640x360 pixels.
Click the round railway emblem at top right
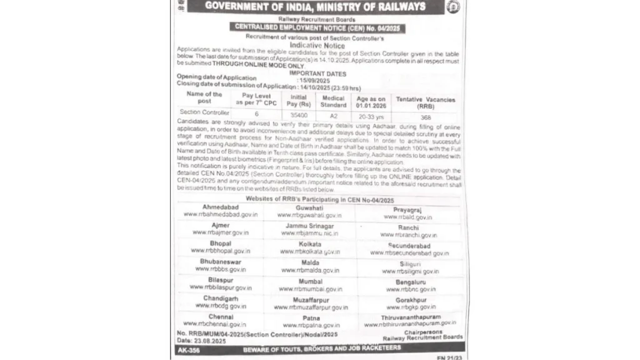click(x=453, y=7)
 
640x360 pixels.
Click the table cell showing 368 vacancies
click(x=426, y=116)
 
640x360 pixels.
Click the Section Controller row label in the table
click(x=204, y=112)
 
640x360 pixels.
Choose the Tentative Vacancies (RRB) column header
click(x=426, y=102)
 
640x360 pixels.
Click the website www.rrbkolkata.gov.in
click(x=311, y=251)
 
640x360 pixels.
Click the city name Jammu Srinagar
click(x=310, y=225)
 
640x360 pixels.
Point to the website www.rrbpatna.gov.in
click(x=311, y=325)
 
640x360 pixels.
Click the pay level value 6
click(x=256, y=114)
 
